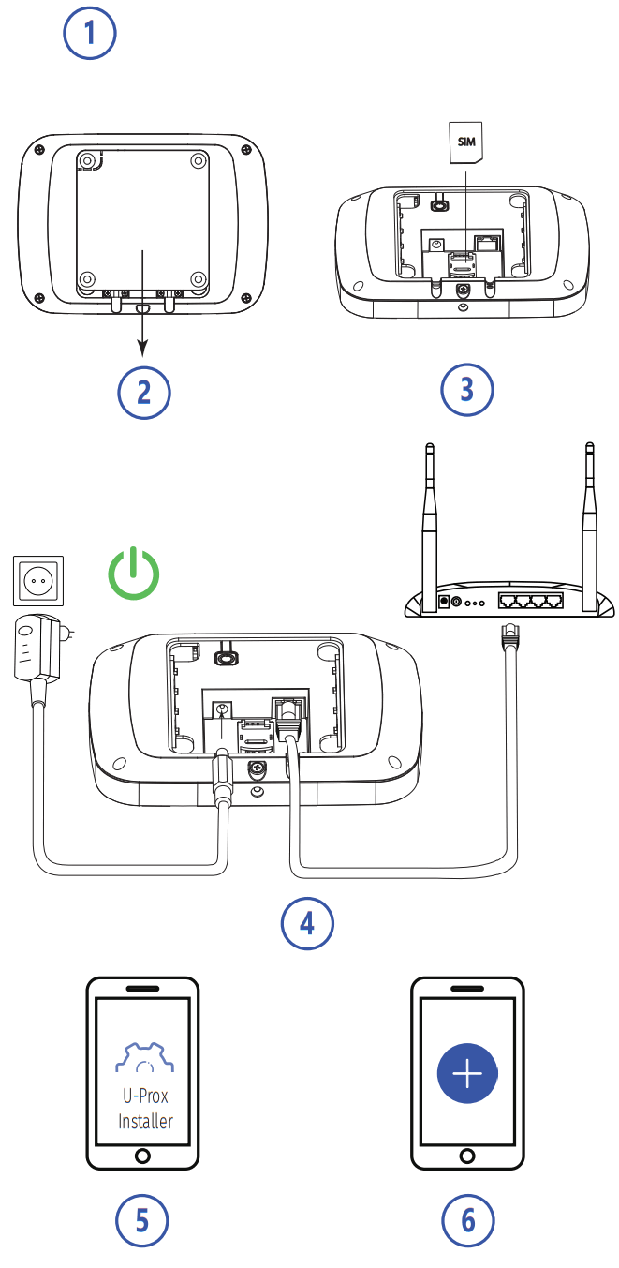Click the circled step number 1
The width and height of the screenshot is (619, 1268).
[x=90, y=35]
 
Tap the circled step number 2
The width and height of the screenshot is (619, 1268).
[x=143, y=392]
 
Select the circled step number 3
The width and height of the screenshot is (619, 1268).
[x=466, y=390]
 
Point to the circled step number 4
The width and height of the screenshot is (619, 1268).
[x=307, y=923]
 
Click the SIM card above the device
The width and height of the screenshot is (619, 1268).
[x=466, y=142]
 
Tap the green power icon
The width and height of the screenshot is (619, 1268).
[x=133, y=573]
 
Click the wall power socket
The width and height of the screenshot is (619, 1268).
[x=38, y=580]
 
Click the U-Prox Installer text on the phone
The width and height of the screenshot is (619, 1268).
[x=145, y=1111]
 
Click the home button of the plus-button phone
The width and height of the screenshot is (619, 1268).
[x=467, y=1155]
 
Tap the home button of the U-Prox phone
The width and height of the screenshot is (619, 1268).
[x=143, y=1155]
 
